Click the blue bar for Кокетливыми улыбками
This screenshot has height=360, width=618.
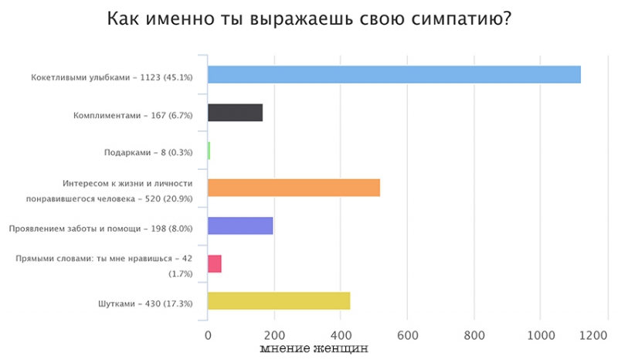point(394,75)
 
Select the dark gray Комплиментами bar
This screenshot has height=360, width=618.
point(236,113)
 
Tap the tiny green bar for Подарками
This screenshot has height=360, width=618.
point(209,151)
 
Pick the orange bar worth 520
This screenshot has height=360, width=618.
point(294,188)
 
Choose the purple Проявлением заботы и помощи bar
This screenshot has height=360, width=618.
point(240,226)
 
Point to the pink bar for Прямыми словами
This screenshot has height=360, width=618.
point(215,263)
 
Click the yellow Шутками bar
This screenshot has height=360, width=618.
point(279,301)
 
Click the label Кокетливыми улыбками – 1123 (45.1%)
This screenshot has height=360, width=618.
point(112,78)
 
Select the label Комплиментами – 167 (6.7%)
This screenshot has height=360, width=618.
point(133,116)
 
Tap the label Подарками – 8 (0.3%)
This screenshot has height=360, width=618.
point(148,153)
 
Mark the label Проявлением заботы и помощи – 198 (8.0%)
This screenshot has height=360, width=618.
point(100,229)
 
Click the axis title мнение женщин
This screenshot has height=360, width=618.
point(314,349)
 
